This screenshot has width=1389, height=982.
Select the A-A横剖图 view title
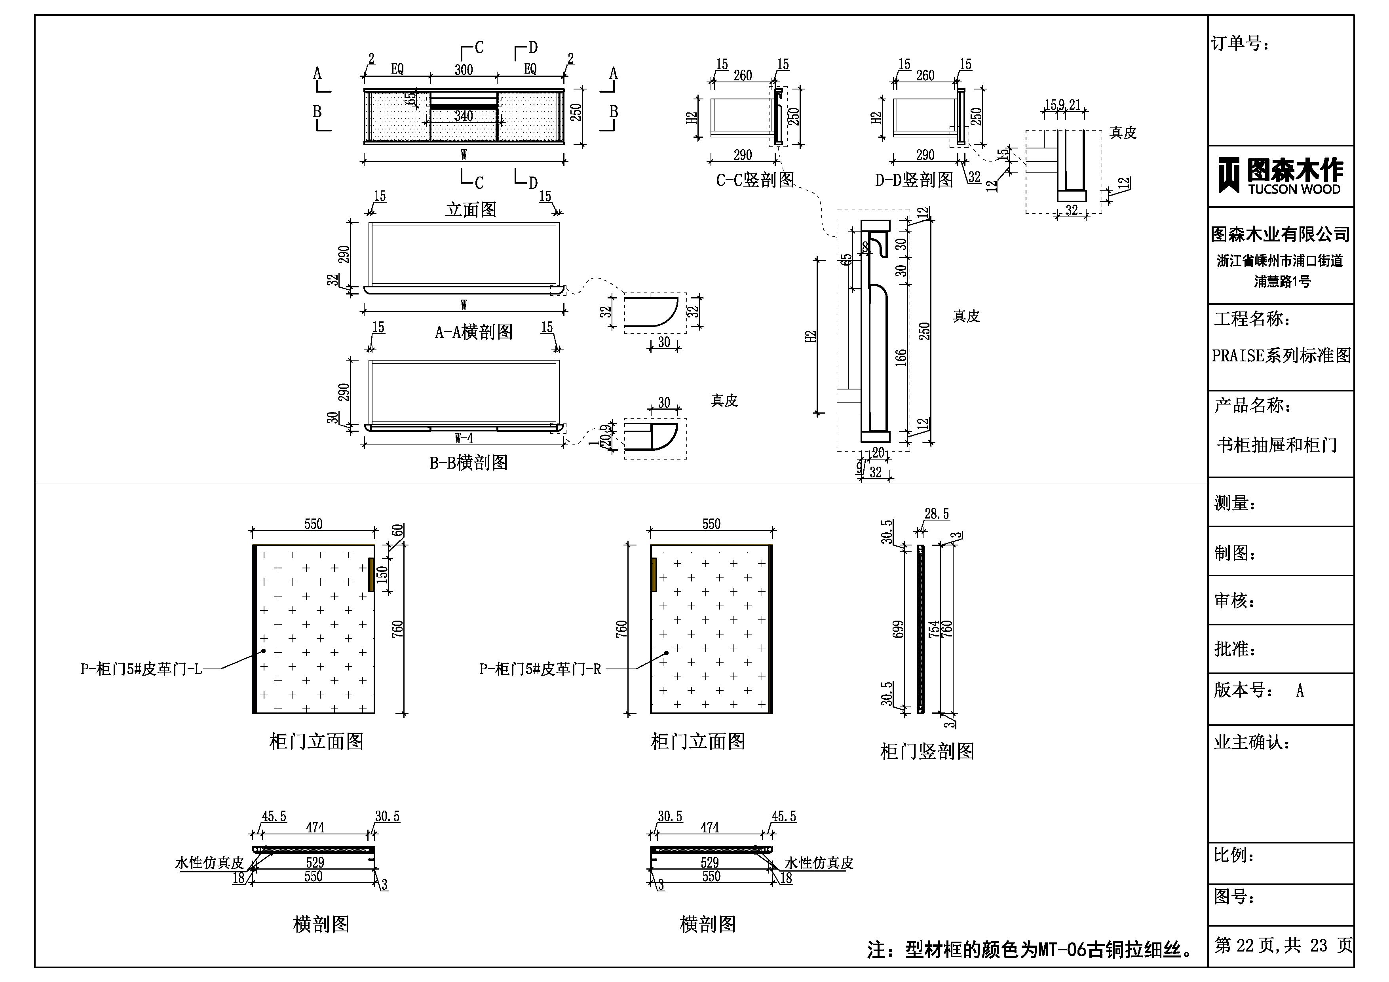click(474, 332)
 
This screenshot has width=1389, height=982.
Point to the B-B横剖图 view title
click(468, 463)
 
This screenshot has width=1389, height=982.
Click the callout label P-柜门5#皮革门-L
click(141, 669)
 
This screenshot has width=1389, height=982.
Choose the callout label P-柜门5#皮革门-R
click(540, 669)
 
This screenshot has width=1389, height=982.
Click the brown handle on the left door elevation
click(371, 575)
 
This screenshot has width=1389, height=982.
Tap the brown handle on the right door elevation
click(654, 575)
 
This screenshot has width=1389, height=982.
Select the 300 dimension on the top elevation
click(464, 70)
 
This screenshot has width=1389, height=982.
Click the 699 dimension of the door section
click(899, 629)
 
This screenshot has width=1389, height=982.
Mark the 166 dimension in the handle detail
click(901, 357)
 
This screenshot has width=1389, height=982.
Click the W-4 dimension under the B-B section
click(464, 439)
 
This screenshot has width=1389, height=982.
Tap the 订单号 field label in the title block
click(1240, 44)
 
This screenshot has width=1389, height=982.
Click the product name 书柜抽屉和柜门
click(1277, 445)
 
